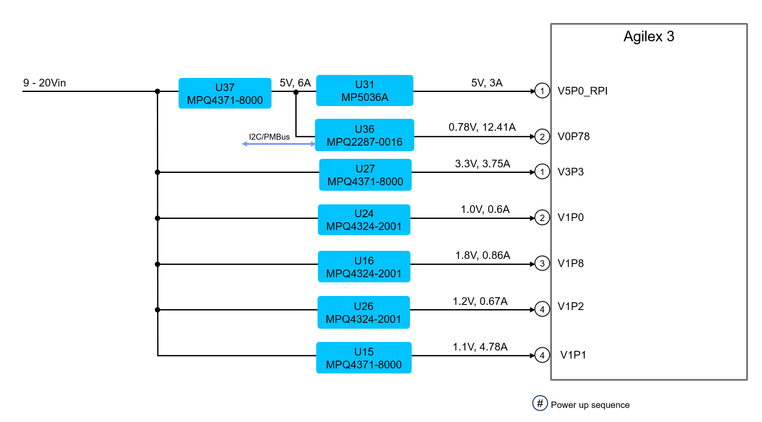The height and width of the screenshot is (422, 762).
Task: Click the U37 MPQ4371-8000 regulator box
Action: pos(225,93)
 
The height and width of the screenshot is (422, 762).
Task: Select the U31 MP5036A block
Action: pos(364,91)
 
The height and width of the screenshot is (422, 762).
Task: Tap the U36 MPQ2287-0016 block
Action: pos(364,135)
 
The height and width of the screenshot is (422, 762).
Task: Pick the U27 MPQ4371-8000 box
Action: pos(365,175)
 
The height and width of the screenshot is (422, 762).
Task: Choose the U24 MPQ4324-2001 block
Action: pos(364,220)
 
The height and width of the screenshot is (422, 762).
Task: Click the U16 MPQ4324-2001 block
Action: pos(364,267)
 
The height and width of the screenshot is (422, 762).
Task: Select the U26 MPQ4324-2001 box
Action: pos(364,312)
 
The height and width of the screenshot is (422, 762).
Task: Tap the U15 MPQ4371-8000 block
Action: pos(364,358)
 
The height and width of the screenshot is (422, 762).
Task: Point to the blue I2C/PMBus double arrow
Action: pos(279,144)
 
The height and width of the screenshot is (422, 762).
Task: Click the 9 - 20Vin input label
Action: pos(44,83)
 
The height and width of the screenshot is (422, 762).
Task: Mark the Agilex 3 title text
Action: pos(649,37)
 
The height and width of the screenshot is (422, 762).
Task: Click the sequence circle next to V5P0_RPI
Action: pos(542,91)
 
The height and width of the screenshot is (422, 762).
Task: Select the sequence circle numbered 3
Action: pos(542,264)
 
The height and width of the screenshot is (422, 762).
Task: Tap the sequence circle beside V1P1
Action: pos(542,355)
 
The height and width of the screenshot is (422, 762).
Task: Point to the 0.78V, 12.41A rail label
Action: pos(482,127)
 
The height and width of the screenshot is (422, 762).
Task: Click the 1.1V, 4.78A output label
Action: pos(480,347)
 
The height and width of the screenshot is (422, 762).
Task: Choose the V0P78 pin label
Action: pos(574,136)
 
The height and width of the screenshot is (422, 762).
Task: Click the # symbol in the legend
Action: pos(540,403)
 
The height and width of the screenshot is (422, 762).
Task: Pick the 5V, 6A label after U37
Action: pos(295,83)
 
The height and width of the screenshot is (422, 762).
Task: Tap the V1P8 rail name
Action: pos(571,263)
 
